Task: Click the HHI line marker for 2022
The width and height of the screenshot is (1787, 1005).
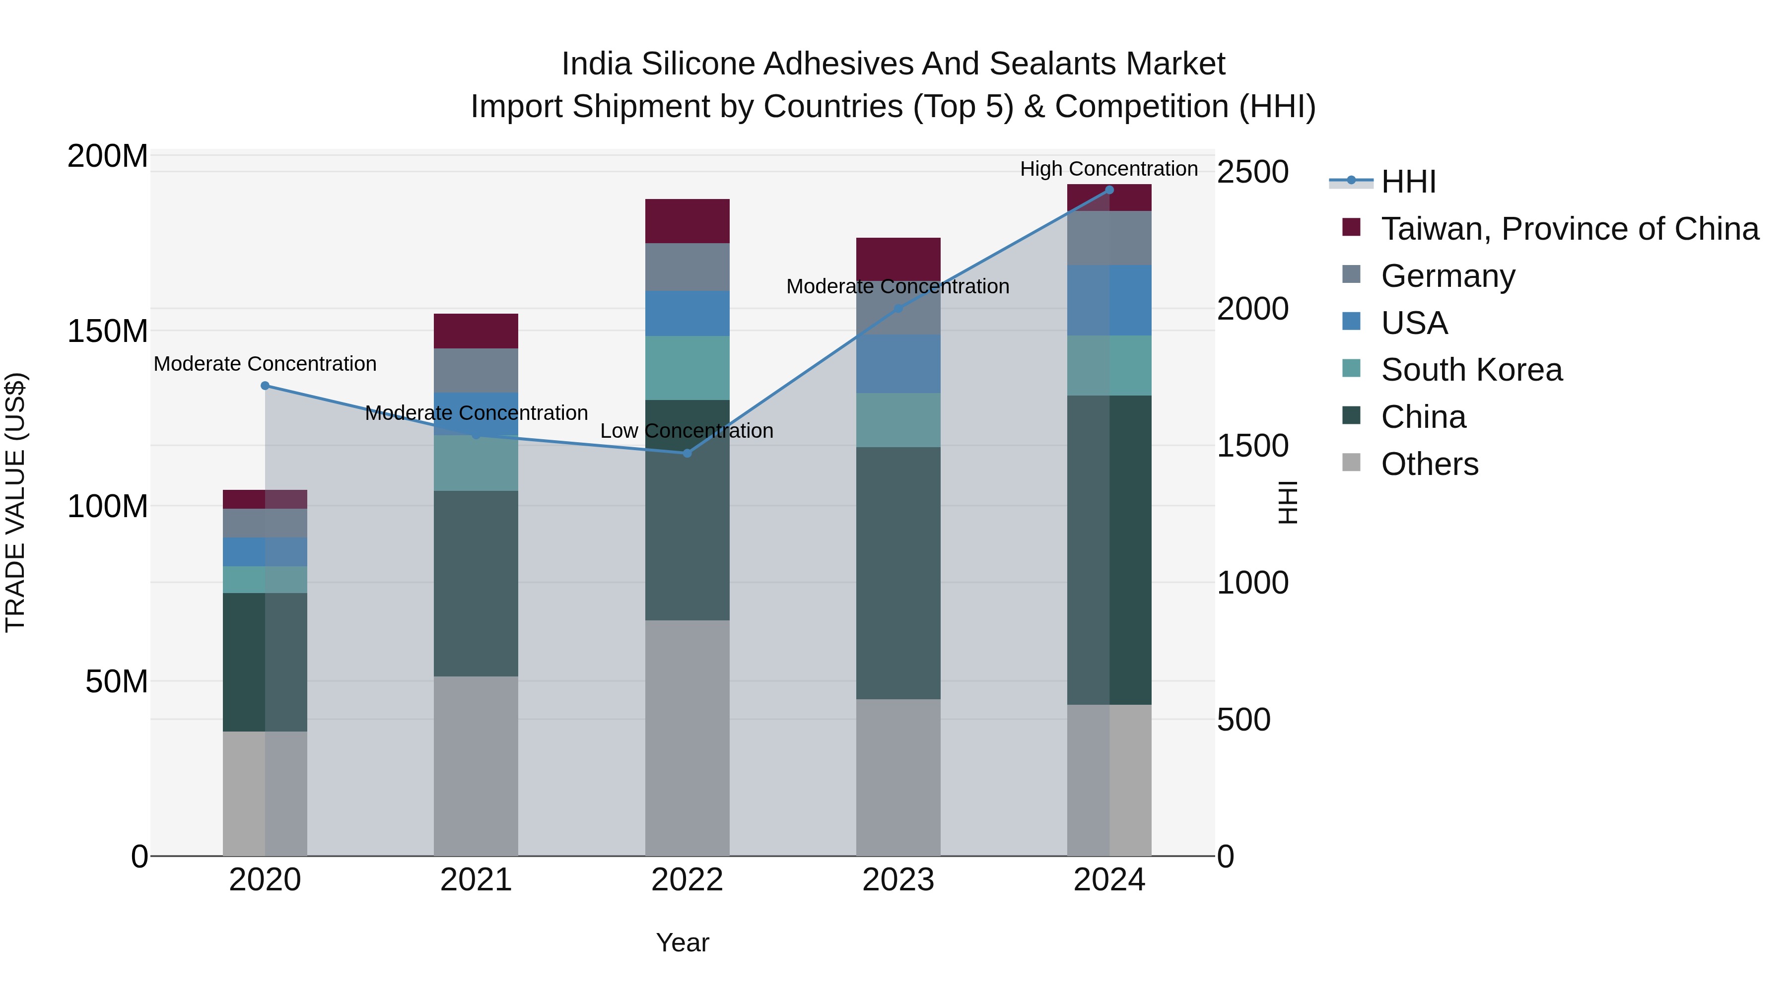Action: click(687, 453)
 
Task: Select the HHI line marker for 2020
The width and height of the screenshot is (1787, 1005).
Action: click(265, 386)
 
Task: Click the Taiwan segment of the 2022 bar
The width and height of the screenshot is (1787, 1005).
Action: click(687, 220)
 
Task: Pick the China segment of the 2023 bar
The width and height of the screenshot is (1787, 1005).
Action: click(897, 572)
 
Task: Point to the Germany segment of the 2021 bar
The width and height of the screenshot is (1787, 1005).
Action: click(476, 370)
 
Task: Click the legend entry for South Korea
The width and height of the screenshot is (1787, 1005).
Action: click(1471, 370)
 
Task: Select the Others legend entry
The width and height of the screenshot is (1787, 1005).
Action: click(1429, 464)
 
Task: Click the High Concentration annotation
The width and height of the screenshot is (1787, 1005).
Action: click(1108, 169)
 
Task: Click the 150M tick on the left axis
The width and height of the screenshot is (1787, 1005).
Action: click(108, 331)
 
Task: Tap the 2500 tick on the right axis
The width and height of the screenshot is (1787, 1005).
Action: click(1252, 172)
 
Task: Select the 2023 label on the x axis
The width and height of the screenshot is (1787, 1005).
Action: click(897, 880)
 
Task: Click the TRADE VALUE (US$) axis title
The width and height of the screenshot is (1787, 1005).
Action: click(15, 502)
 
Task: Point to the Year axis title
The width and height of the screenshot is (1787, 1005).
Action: click(683, 942)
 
